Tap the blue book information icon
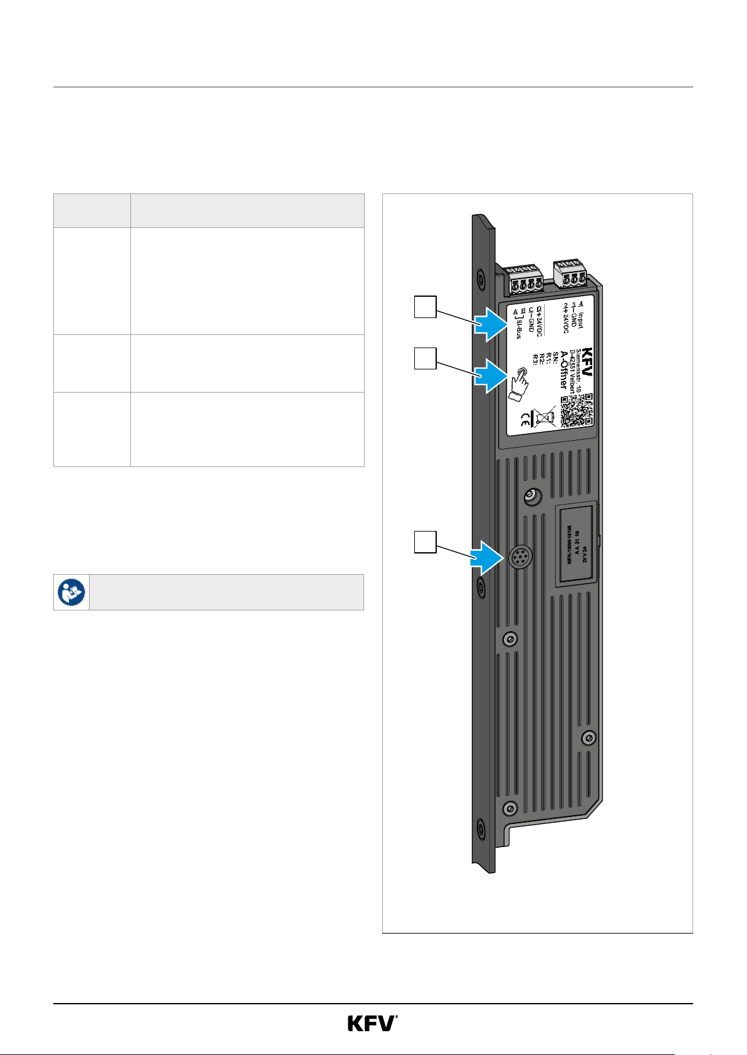pyautogui.click(x=71, y=592)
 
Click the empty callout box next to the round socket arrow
pyautogui.click(x=426, y=542)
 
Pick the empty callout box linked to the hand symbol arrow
pyautogui.click(x=426, y=358)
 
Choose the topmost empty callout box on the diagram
pyautogui.click(x=426, y=307)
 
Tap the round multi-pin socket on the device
pyautogui.click(x=518, y=555)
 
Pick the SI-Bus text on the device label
pyautogui.click(x=518, y=327)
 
